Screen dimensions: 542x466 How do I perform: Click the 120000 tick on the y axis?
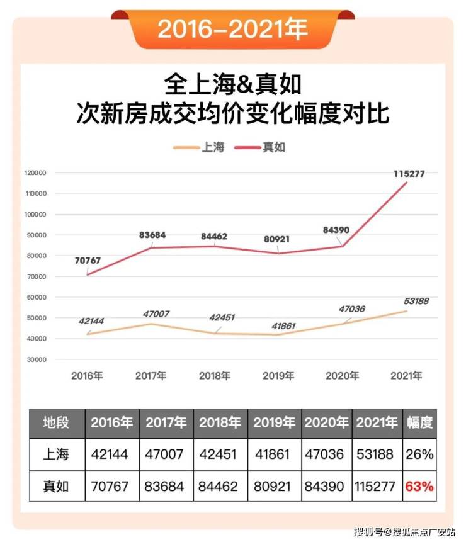36,172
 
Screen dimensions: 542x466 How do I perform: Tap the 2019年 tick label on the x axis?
278,376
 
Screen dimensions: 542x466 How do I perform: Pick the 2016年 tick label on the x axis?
87,376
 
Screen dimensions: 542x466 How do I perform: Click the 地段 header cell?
56,422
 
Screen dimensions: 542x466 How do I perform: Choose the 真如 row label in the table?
56,487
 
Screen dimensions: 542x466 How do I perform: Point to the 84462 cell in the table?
220,487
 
